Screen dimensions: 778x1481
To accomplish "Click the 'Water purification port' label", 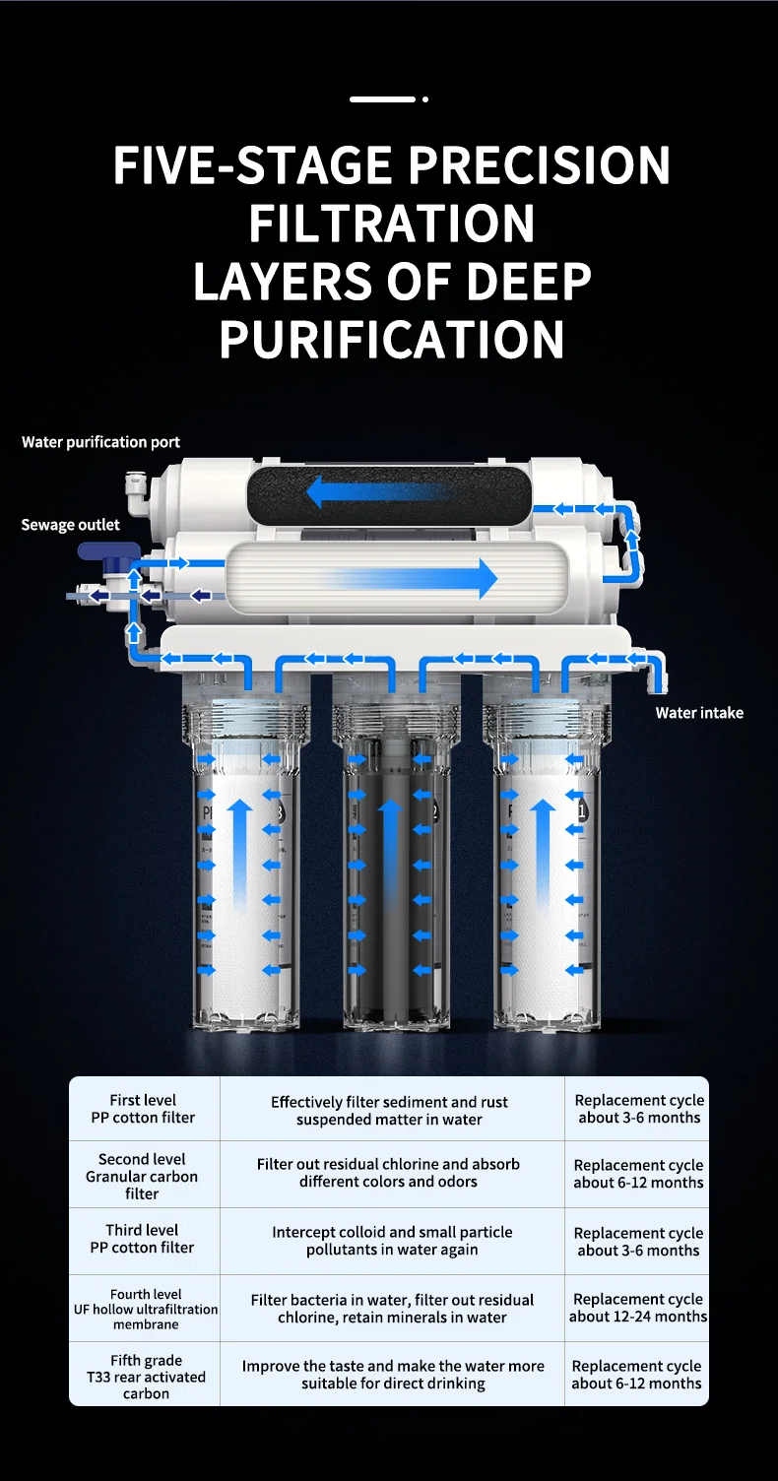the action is tap(100, 442).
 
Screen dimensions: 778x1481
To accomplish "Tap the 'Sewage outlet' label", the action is tap(70, 525).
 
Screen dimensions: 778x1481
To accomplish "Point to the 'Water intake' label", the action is tap(699, 713).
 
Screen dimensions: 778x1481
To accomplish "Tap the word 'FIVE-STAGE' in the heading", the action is tap(252, 164).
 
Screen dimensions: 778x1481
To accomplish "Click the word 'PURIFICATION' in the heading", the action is tap(391, 339).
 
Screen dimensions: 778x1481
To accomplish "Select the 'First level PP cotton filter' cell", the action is tap(144, 1109).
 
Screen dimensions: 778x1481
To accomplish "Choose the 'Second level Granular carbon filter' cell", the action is tap(144, 1175).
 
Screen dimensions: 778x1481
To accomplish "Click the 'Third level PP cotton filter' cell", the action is tap(144, 1241).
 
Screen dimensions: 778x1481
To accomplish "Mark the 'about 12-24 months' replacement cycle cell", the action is tap(637, 1308).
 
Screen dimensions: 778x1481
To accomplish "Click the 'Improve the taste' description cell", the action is tap(393, 1374).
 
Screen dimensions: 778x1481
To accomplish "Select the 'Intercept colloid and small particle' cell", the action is tap(393, 1241).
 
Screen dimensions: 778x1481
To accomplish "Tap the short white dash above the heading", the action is tap(383, 99).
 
